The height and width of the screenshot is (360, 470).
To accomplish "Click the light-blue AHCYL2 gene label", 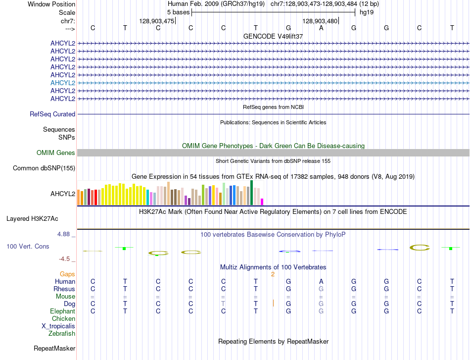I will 63,83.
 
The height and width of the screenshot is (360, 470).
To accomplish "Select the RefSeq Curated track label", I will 52,114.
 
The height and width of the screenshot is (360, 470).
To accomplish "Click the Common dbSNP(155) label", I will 44,168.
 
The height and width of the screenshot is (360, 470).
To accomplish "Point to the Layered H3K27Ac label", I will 32,218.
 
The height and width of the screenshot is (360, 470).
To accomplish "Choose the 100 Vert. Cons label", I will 28,246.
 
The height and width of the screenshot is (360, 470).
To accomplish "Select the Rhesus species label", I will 64,289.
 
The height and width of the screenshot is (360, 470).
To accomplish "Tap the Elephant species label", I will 62,311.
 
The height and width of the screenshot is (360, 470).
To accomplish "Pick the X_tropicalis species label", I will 58,326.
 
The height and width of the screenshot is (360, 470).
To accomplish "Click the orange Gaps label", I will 67,274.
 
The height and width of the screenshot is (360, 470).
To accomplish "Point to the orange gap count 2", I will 273,274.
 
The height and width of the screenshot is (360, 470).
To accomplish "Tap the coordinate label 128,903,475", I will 157,21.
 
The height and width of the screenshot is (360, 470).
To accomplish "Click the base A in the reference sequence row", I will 321,28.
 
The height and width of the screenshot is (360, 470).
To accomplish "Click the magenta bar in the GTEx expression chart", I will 262,202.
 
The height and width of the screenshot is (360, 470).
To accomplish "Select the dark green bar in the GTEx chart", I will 252,193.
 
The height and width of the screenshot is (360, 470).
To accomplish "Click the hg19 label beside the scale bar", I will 367,12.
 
